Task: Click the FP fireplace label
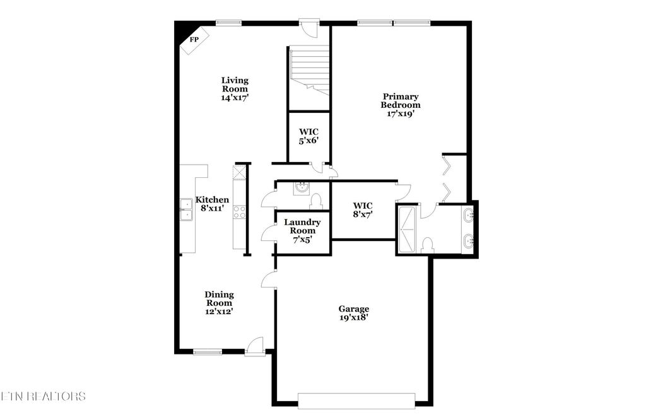[x=194, y=40]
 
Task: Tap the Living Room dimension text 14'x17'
[x=234, y=98]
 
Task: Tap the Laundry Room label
[x=302, y=226]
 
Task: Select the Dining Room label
[x=219, y=298]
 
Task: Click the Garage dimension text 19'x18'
[x=353, y=318]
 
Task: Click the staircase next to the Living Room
[x=309, y=69]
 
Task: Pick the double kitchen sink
[x=187, y=209]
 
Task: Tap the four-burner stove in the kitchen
[x=240, y=212]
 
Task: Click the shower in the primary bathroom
[x=406, y=228]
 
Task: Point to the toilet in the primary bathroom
[x=427, y=244]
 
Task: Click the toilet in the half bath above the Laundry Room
[x=317, y=201]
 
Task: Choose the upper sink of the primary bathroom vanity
[x=468, y=216]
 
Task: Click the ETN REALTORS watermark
[x=43, y=396]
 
